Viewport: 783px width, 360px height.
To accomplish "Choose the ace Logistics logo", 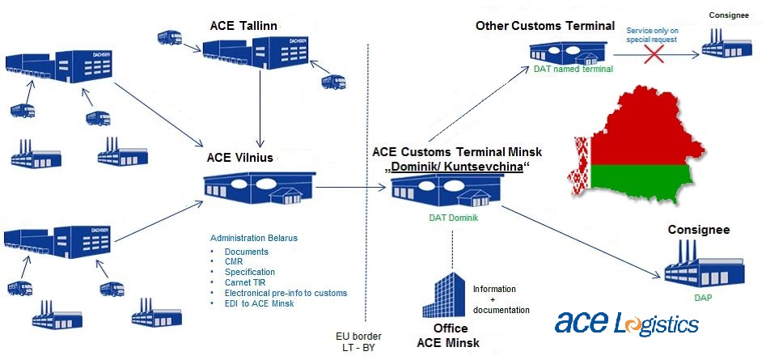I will point(627,323).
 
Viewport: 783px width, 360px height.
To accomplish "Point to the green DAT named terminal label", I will point(573,70).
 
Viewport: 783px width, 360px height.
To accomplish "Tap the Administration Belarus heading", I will point(254,238).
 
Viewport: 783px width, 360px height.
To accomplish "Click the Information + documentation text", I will point(501,299).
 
